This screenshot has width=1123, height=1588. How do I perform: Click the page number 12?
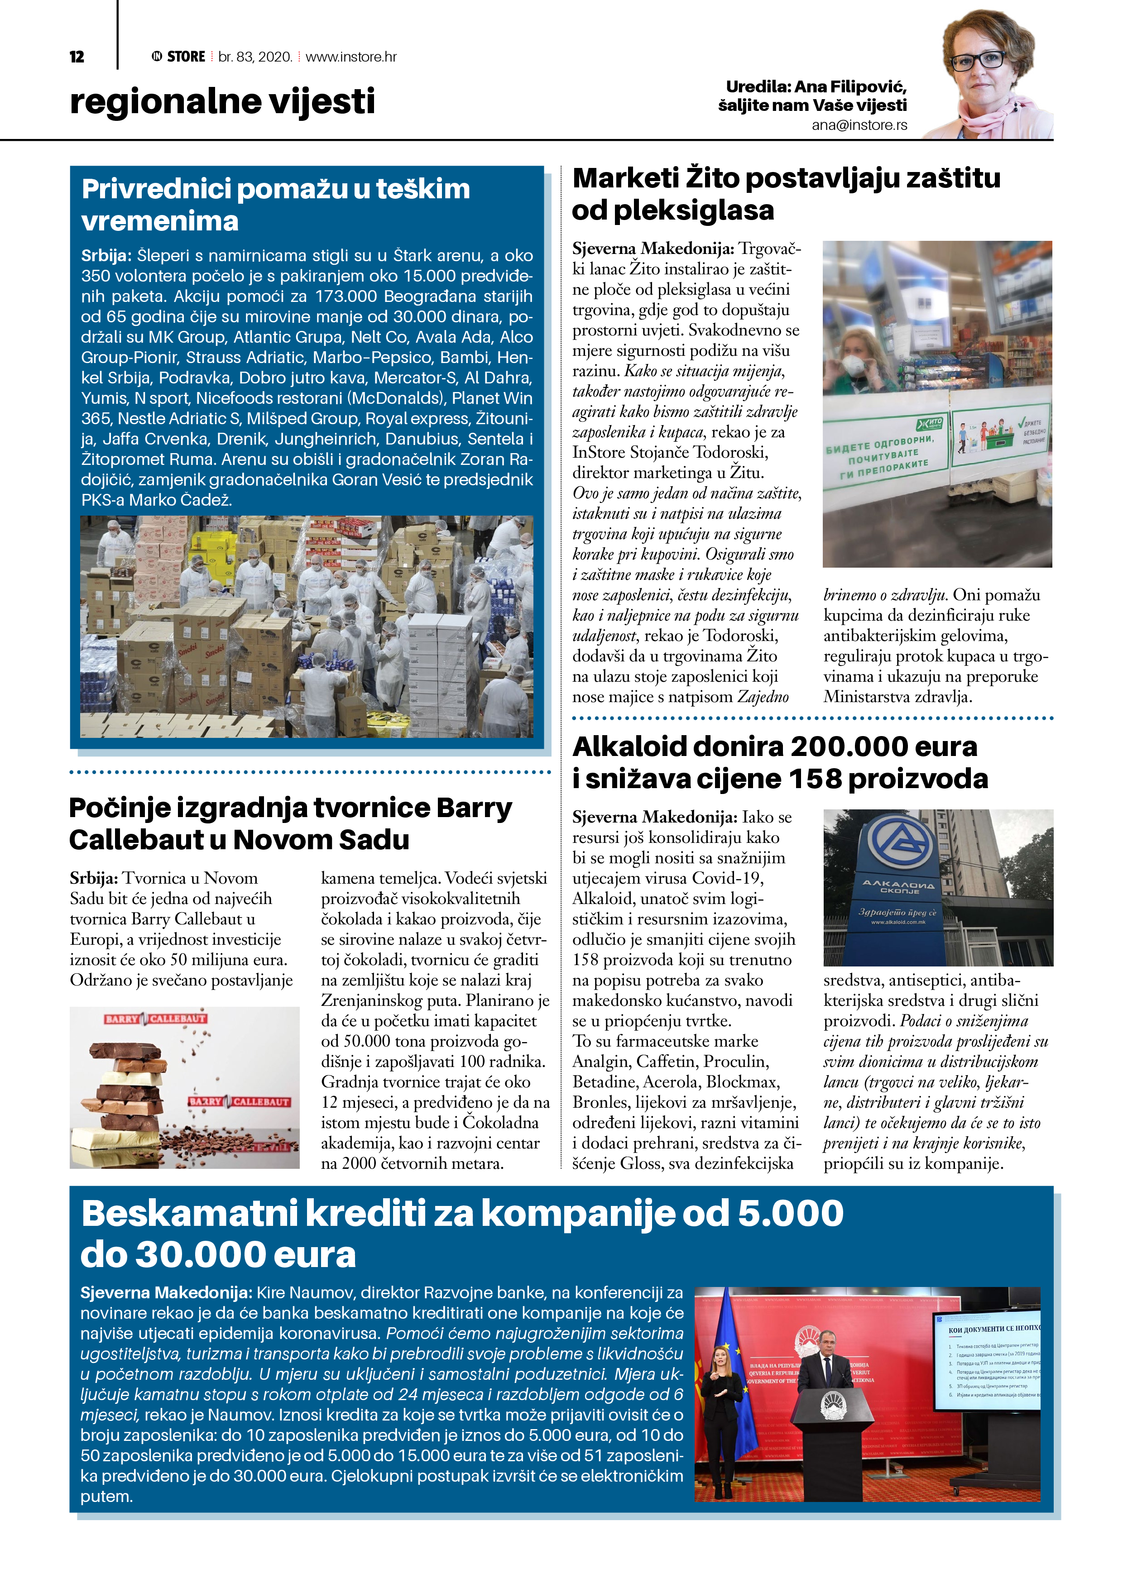tap(77, 57)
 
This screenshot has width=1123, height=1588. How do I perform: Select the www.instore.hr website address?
tap(351, 57)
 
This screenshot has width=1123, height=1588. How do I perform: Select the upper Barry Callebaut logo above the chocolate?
tap(156, 1019)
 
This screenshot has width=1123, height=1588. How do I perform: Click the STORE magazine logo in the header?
tap(178, 57)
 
